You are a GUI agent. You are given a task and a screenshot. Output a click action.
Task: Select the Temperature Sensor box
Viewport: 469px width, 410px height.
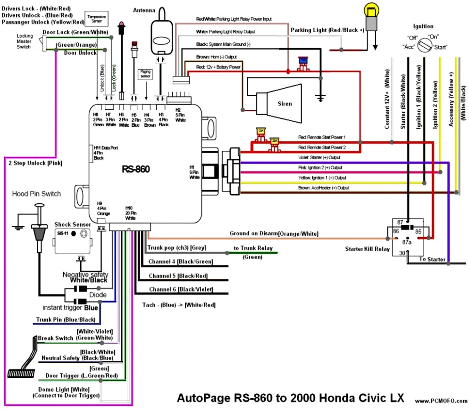96,19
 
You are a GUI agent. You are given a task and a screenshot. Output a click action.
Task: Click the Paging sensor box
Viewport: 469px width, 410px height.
145,74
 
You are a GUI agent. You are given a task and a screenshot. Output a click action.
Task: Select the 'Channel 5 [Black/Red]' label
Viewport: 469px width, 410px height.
178,276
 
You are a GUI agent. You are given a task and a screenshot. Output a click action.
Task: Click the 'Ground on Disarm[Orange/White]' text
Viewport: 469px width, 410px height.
274,234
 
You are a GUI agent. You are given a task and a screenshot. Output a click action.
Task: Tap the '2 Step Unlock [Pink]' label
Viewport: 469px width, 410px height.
35,163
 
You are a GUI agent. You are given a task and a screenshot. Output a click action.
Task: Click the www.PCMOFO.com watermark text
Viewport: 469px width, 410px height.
441,401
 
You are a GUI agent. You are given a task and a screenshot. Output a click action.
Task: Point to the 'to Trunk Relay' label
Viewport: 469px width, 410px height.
253,248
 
